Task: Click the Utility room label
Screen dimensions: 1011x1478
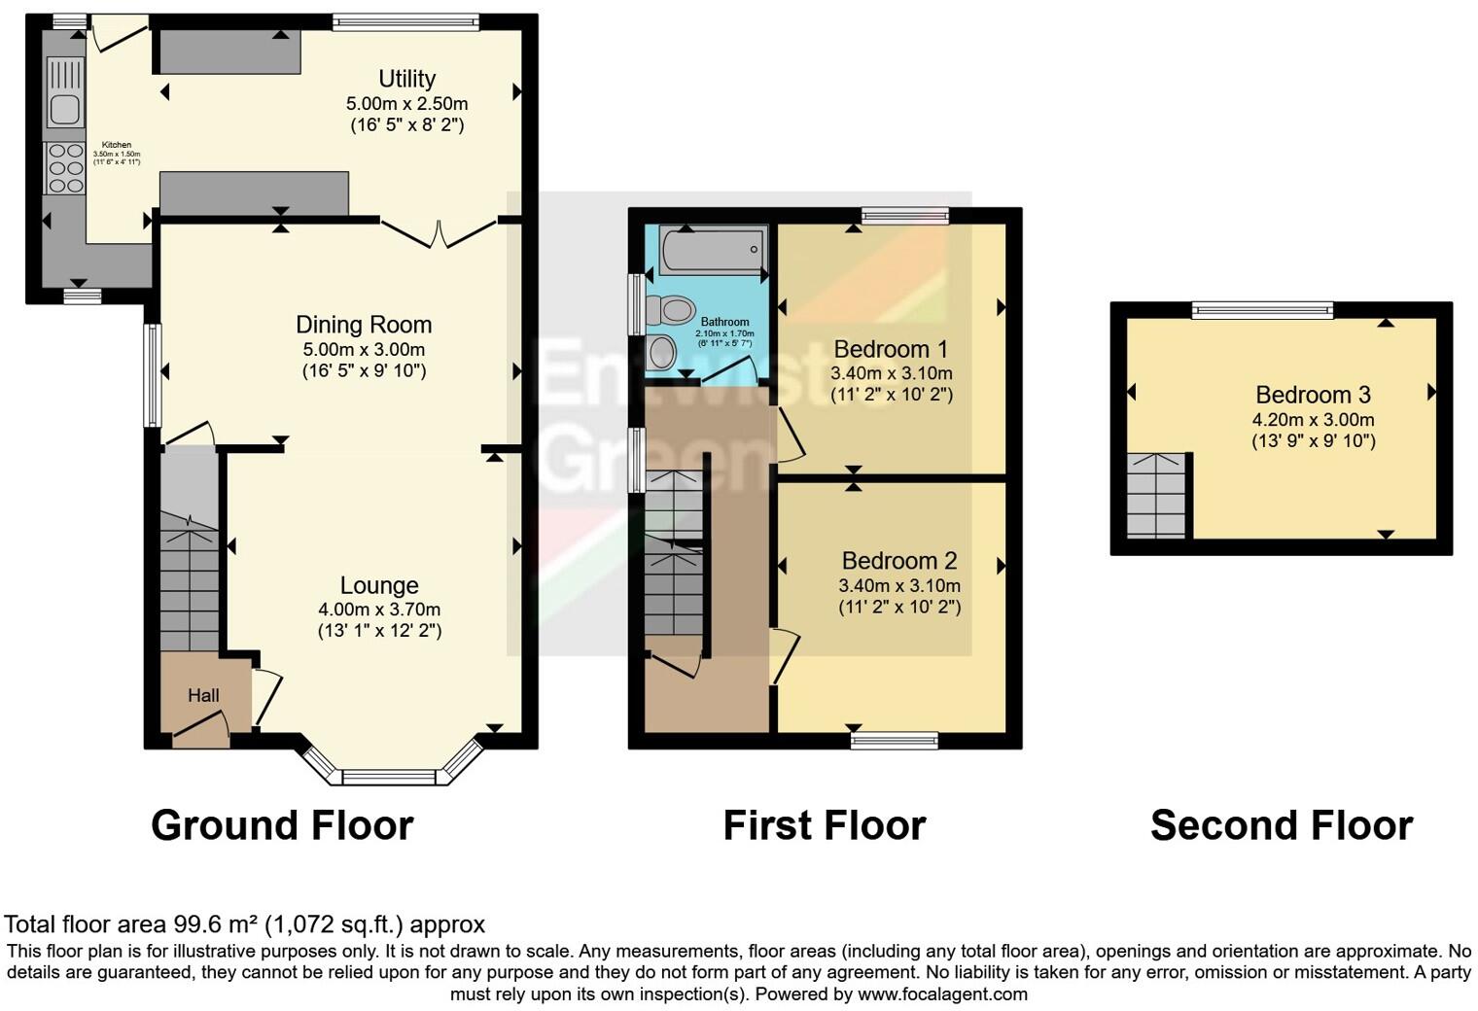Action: [406, 79]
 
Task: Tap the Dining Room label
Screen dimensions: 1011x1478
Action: [364, 325]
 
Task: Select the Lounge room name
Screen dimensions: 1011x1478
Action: [379, 585]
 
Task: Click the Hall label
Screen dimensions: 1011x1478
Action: [203, 695]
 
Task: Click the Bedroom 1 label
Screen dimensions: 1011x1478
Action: [891, 349]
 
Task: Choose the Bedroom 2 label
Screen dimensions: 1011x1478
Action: [898, 561]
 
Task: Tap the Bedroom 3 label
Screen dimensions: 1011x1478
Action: [1313, 395]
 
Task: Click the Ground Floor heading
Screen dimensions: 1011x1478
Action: [282, 825]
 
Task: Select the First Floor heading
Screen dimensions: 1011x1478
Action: [824, 825]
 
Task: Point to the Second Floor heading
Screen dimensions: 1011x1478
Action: [1281, 825]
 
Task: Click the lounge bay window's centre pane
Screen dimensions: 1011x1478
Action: [389, 778]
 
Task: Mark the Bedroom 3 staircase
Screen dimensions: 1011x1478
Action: [1157, 495]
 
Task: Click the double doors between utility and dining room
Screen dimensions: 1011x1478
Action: [439, 233]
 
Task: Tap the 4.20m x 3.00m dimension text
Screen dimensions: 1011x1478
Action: [1313, 420]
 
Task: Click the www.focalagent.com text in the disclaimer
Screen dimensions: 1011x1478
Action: [942, 994]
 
